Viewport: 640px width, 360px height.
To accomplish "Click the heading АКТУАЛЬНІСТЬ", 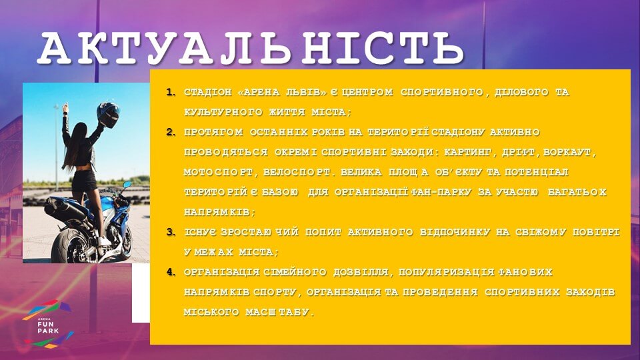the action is (x=251, y=48).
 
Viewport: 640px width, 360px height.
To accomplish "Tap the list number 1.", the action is (x=170, y=92).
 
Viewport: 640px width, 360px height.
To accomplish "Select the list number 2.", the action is (x=170, y=132).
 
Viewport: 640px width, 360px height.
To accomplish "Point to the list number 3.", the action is (x=170, y=232).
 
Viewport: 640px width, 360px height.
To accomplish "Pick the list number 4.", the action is (x=170, y=272).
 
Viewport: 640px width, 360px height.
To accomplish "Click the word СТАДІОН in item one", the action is (x=208, y=92).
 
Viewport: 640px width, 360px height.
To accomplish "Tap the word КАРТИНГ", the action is (x=468, y=152).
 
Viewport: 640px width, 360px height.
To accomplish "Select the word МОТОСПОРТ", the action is (x=219, y=172).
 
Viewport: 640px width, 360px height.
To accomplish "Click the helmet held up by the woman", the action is (x=108, y=115).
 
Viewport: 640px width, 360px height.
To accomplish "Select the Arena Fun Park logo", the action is (x=48, y=324).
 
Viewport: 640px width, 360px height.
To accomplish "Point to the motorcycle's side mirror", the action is (x=127, y=185).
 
